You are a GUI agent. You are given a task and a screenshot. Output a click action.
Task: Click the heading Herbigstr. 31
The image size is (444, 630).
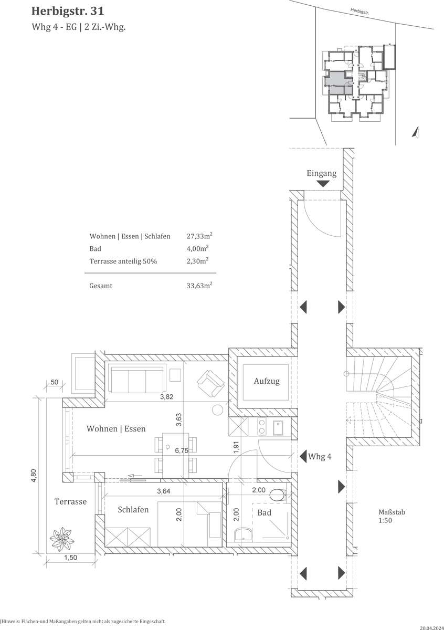tap(68, 11)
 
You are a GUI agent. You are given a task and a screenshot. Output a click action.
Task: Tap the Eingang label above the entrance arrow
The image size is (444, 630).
tap(321, 174)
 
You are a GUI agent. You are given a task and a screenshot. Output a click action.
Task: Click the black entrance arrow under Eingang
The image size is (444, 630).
tap(323, 184)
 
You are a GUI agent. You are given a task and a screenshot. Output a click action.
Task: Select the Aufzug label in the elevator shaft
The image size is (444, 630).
tap(267, 381)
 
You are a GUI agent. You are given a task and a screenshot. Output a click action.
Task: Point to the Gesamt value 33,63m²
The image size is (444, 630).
tap(199, 286)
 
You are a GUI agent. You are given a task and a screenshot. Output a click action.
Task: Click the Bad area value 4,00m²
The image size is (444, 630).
tap(198, 248)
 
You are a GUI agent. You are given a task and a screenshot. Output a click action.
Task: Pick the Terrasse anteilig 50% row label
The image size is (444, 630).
tap(123, 261)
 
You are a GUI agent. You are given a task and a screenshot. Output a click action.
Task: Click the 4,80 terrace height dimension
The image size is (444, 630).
tap(34, 476)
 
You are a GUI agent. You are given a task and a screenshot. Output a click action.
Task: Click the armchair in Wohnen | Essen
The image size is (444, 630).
tap(210, 383)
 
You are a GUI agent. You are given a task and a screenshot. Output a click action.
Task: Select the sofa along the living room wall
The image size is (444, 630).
tap(137, 379)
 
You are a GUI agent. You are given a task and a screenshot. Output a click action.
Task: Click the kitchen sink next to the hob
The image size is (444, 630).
tap(278, 427)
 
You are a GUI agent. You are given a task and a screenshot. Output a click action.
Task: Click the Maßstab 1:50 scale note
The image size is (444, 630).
tap(392, 516)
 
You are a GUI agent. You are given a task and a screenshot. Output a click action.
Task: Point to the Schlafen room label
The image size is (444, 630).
tap(133, 510)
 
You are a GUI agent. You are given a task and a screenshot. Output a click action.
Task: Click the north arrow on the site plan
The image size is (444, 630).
tap(416, 132)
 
